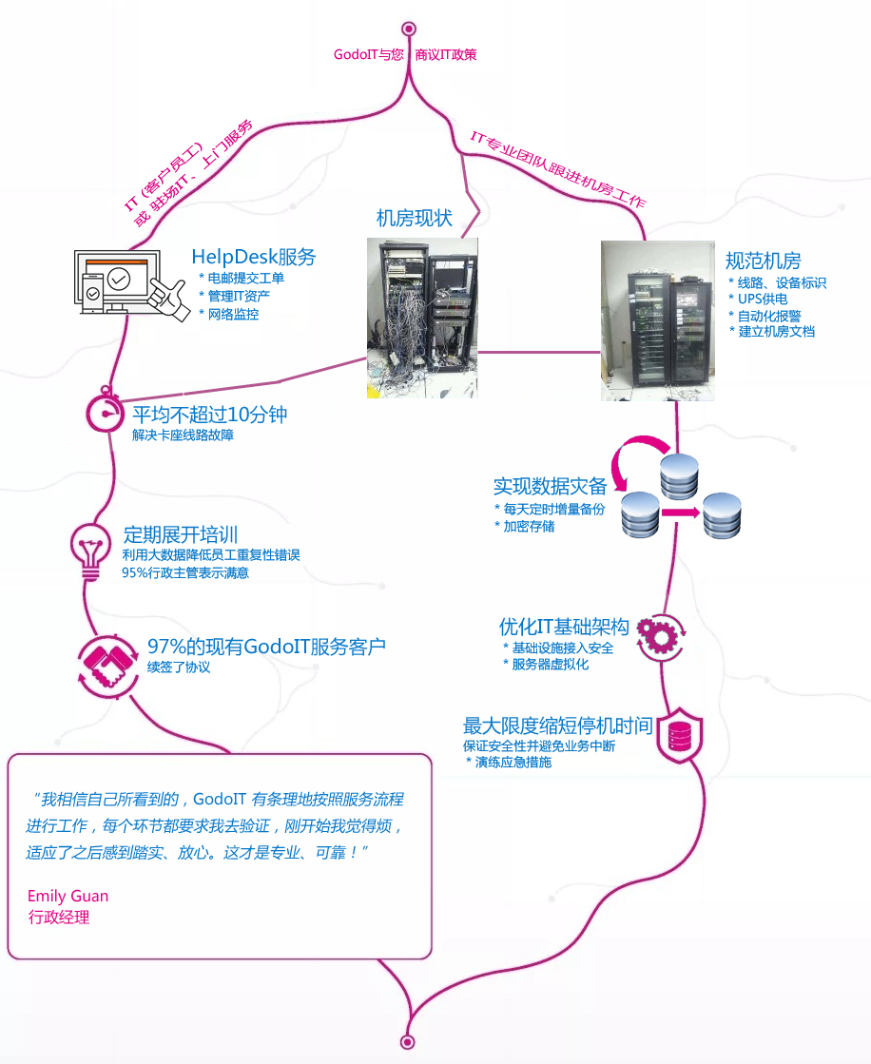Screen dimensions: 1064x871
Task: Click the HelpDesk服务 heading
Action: pyautogui.click(x=253, y=257)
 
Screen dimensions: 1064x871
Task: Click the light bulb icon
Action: pyautogui.click(x=91, y=550)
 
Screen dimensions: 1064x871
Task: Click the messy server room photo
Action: pyautogui.click(x=422, y=318)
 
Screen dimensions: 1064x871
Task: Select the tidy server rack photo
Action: pyautogui.click(x=658, y=320)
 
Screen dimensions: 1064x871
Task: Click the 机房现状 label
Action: pyautogui.click(x=414, y=218)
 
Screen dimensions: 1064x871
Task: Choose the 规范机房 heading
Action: pyautogui.click(x=763, y=261)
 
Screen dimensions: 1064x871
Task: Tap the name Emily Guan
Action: pyautogui.click(x=68, y=896)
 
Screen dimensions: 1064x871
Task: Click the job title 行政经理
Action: pyautogui.click(x=59, y=918)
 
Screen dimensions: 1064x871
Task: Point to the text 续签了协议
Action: pyautogui.click(x=179, y=667)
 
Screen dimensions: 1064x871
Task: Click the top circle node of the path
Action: pyautogui.click(x=409, y=29)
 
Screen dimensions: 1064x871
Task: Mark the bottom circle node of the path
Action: pyautogui.click(x=408, y=1041)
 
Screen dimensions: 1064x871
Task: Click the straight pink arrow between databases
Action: pyautogui.click(x=680, y=513)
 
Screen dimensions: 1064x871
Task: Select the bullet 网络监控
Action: pyautogui.click(x=233, y=314)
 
